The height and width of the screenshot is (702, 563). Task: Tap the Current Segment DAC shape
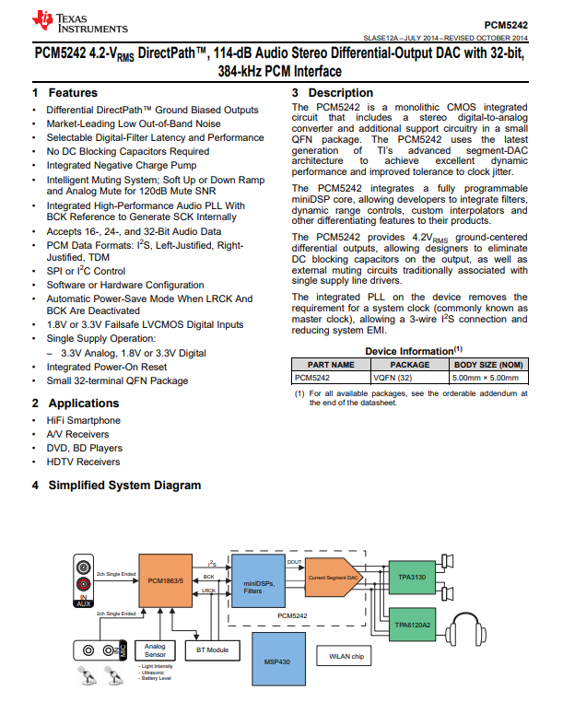tap(332, 577)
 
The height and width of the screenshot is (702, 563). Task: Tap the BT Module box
tap(212, 649)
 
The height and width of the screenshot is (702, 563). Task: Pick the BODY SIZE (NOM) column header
tap(488, 364)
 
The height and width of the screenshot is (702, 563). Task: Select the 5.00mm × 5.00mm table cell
tap(488, 377)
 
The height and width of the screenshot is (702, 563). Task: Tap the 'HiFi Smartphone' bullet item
tap(83, 420)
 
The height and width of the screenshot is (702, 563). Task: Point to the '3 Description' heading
tap(333, 93)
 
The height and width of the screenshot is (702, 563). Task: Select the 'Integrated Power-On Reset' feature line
tap(107, 367)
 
